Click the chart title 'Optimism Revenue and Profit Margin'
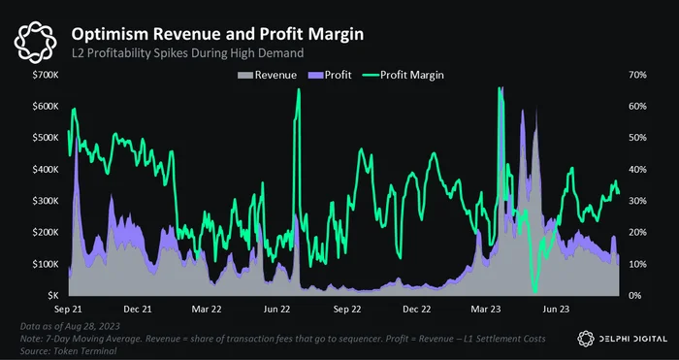(217, 34)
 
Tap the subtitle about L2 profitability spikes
(187, 53)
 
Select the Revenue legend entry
(267, 75)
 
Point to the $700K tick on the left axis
(46, 75)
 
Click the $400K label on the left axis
(46, 170)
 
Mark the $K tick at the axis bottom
(52, 296)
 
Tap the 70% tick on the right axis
(637, 75)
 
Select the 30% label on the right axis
(637, 201)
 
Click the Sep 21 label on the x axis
(69, 310)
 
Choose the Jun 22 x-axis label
(276, 310)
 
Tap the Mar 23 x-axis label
(486, 310)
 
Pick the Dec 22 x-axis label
(416, 310)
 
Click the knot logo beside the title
(35, 43)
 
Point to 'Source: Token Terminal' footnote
(69, 351)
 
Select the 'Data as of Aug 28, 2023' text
(70, 326)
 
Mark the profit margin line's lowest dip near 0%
(535, 291)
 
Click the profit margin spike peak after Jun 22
(299, 90)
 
